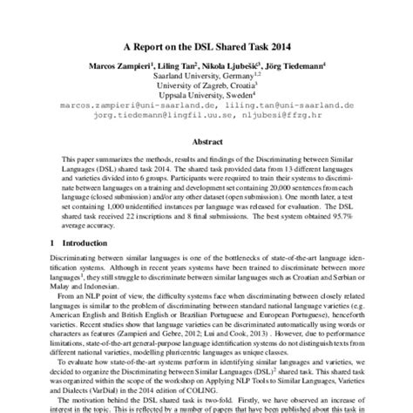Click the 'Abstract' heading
(206, 142)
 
